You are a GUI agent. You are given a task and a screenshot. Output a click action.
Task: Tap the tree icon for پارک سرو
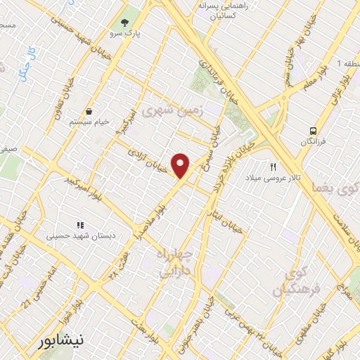click(x=125, y=22)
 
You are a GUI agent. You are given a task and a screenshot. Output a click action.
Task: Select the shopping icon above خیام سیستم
click(x=89, y=111)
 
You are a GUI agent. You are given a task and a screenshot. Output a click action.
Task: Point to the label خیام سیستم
click(x=89, y=122)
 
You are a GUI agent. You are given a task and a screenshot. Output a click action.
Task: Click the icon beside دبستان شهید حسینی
click(x=80, y=226)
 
